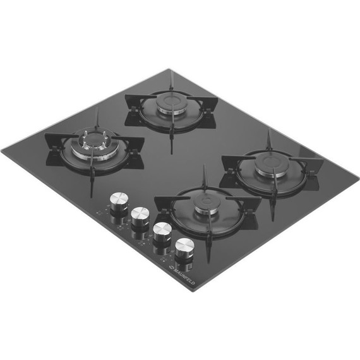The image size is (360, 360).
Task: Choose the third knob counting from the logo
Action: click(x=140, y=217)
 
